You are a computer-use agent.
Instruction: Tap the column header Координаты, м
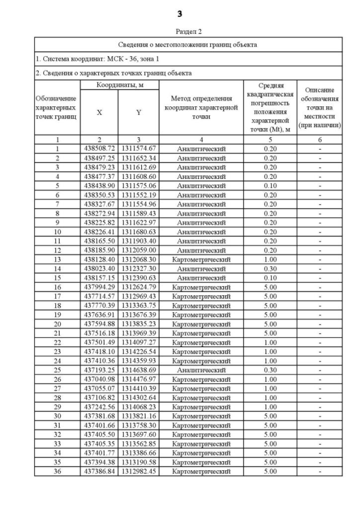pos(119,84)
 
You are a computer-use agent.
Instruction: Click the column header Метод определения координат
pos(201,107)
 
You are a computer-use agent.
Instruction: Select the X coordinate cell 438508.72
pos(99,148)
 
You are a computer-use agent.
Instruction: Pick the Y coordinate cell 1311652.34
pos(138,158)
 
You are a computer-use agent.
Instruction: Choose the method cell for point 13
pos(201,259)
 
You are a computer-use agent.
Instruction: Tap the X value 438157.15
pos(99,278)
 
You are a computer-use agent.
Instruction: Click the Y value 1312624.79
pos(138,287)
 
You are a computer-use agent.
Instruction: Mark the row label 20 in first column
pos(57,324)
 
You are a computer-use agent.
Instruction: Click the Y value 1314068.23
pos(138,407)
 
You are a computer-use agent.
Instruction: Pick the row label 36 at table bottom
pos(57,471)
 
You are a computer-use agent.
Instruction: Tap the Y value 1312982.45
pos(138,471)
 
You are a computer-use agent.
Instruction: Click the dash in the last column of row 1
pos(320,148)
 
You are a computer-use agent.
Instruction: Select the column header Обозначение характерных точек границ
pos(57,107)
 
